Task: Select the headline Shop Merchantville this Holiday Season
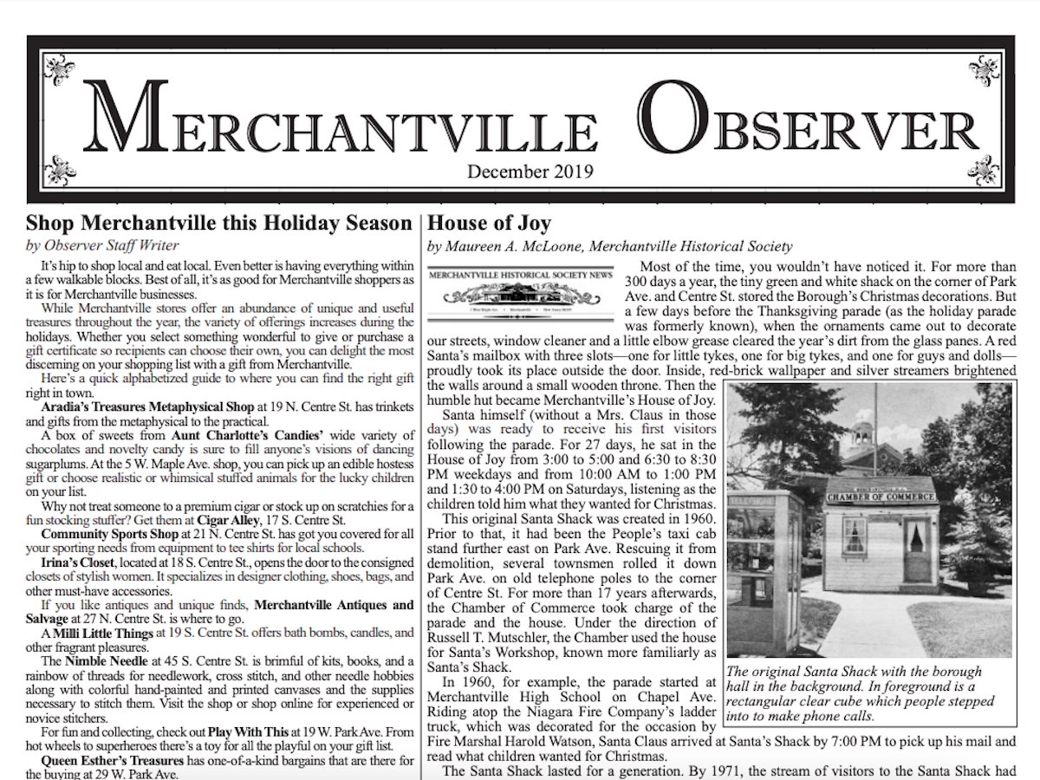pyautogui.click(x=219, y=224)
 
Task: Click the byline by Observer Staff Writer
pyautogui.click(x=102, y=245)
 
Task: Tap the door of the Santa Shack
pyautogui.click(x=914, y=546)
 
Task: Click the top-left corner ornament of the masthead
pyautogui.click(x=58, y=69)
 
